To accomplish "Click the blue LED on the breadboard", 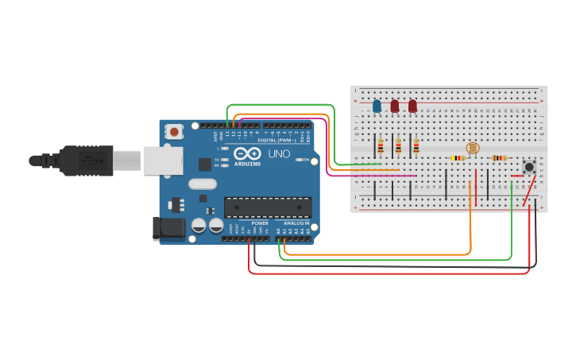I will pyautogui.click(x=377, y=105).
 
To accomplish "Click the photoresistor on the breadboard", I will pyautogui.click(x=472, y=148).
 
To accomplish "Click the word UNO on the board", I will pyautogui.click(x=279, y=153).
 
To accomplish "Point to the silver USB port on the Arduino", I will pyautogui.click(x=163, y=160).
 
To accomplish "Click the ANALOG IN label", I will pyautogui.click(x=294, y=223).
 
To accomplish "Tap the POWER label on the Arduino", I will pyautogui.click(x=260, y=223).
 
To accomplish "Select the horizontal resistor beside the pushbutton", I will pyautogui.click(x=499, y=157).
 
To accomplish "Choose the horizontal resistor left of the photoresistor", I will pyautogui.click(x=458, y=157).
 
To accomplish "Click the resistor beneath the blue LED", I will pyautogui.click(x=381, y=145).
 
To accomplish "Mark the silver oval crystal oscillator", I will pyautogui.click(x=203, y=184).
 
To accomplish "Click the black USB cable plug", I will pyautogui.click(x=87, y=160).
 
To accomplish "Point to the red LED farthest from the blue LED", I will pyautogui.click(x=412, y=105).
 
